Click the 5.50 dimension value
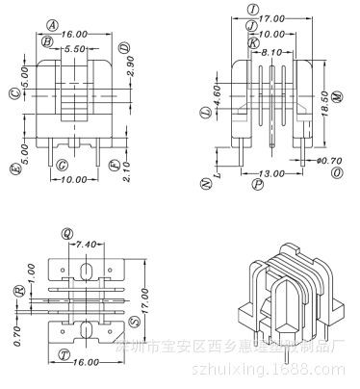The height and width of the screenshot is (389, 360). (76, 46)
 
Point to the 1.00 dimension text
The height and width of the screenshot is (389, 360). (30, 272)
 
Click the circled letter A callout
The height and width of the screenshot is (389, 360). (52, 24)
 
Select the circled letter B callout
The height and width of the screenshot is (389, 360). (46, 41)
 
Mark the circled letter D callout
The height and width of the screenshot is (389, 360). (124, 46)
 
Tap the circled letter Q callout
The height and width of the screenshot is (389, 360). (66, 233)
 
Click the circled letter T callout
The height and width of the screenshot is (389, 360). (64, 352)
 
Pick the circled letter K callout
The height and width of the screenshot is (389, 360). (253, 43)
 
